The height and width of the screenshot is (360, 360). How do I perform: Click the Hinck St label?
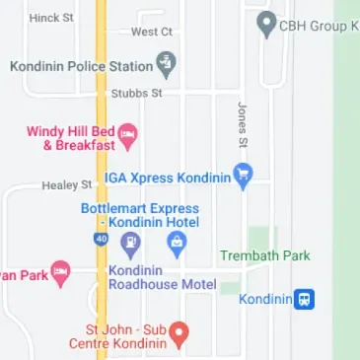tap(51, 18)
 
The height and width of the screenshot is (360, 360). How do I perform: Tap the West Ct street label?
tap(152, 32)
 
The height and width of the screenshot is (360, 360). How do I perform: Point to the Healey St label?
tap(66, 184)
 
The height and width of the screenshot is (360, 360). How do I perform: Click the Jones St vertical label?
tap(242, 123)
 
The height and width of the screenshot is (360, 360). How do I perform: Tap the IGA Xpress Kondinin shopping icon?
tap(245, 178)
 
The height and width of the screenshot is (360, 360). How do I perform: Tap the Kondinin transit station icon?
tap(307, 299)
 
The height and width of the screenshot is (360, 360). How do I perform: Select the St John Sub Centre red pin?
tap(179, 336)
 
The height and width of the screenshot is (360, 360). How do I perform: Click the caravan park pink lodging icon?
tap(60, 270)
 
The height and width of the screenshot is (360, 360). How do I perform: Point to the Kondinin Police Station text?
tap(81, 67)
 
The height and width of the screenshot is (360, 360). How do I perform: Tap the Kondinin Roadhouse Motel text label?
tap(163, 277)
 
